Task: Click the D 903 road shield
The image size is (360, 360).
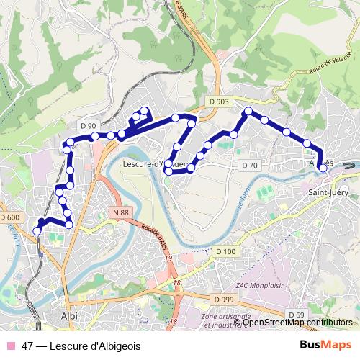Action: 221,102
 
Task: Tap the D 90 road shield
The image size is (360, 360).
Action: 88,125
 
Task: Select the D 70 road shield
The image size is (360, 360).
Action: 249,166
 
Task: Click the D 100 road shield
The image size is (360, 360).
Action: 225,251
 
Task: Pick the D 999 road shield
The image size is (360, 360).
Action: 224,299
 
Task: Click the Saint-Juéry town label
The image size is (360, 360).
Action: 328,192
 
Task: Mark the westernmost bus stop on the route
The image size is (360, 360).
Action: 37,230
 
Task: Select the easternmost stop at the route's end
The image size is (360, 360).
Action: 323,169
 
